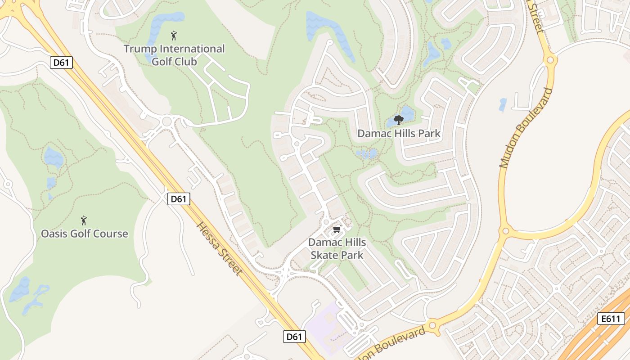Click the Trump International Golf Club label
point(174,55)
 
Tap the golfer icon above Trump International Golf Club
point(174,36)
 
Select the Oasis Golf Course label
point(85,234)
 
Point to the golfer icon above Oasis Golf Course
point(84,220)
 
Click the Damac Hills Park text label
point(399,134)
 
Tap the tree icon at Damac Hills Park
point(398,120)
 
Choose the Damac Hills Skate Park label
point(337,249)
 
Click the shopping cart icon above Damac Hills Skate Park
point(337,230)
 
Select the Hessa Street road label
point(220,248)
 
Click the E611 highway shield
point(611,319)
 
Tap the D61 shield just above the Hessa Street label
point(179,198)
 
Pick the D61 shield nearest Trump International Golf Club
point(61,63)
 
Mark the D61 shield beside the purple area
point(294,336)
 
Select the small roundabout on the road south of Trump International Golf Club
point(167,121)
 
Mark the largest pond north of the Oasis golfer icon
point(53,157)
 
